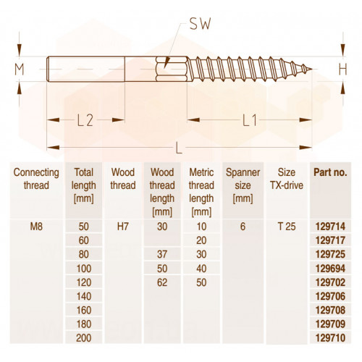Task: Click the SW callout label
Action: pos(200,24)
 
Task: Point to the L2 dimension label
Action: pos(85,120)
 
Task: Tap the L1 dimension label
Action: pos(250,120)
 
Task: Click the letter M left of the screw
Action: pos(20,70)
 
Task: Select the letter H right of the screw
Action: pos(343,70)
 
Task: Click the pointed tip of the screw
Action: pos(311,70)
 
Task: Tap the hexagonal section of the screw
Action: pos(172,69)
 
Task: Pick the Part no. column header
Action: pos(330,172)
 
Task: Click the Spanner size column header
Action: pos(243,185)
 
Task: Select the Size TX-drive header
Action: pos(287,179)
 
